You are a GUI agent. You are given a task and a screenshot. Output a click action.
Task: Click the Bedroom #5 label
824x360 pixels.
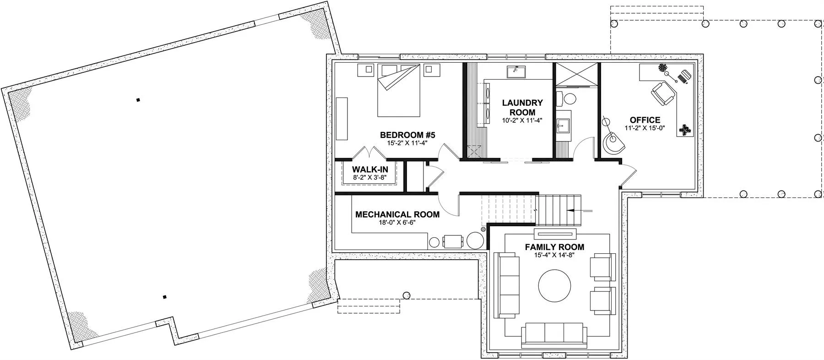pyautogui.click(x=407, y=135)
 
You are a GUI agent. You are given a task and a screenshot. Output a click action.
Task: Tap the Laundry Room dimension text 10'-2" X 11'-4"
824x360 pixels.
pyautogui.click(x=522, y=121)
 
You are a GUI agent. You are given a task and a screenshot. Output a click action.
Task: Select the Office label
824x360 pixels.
pyautogui.click(x=645, y=120)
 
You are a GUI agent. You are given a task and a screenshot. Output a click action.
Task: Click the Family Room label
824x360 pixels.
pyautogui.click(x=554, y=247)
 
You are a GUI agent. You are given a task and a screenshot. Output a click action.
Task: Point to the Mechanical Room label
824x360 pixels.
pyautogui.click(x=397, y=214)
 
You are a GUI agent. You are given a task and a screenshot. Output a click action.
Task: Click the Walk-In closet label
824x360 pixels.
pyautogui.click(x=370, y=169)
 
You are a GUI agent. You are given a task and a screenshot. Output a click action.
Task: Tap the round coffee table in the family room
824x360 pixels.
pyautogui.click(x=554, y=285)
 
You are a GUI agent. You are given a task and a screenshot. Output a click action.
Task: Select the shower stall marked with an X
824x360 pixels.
pyautogui.click(x=577, y=74)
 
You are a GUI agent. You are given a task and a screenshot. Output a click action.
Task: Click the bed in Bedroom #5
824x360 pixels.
pyautogui.click(x=398, y=90)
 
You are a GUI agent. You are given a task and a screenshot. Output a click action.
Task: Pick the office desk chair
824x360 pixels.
pyautogui.click(x=662, y=94)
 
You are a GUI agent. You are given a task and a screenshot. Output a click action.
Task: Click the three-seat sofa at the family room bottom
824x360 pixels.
pyautogui.click(x=554, y=333)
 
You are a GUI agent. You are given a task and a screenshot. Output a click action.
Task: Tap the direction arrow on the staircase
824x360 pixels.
pyautogui.click(x=580, y=210)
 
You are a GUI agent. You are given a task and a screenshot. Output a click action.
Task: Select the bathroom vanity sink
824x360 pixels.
pyautogui.click(x=563, y=124)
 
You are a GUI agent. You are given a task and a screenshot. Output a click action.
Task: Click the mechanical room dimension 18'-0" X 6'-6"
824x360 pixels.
pyautogui.click(x=396, y=222)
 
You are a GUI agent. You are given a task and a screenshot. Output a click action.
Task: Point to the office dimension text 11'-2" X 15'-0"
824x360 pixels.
pyautogui.click(x=645, y=128)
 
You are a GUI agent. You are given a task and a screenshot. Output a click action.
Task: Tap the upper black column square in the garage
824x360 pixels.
pyautogui.click(x=138, y=100)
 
